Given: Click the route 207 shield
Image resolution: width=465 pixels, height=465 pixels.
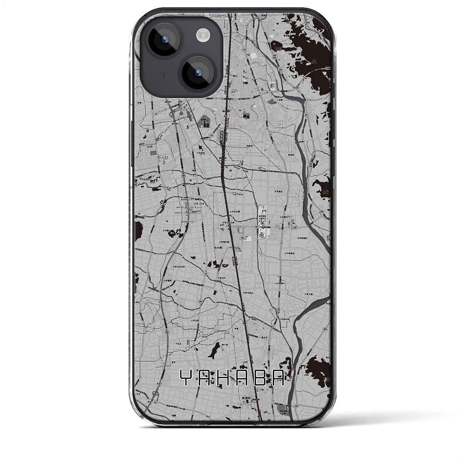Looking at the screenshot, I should click(x=257, y=227).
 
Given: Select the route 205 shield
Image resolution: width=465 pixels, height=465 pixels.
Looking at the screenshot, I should click(x=242, y=238).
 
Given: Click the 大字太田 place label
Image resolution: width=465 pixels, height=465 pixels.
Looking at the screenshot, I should click(x=191, y=320).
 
